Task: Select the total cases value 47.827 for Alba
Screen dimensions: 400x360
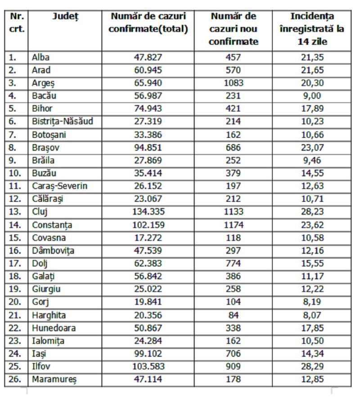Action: click(x=148, y=57)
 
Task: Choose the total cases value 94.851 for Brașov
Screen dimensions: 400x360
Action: click(x=148, y=147)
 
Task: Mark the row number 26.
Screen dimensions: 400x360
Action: click(x=16, y=380)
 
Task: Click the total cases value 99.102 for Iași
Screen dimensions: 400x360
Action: click(x=148, y=354)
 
